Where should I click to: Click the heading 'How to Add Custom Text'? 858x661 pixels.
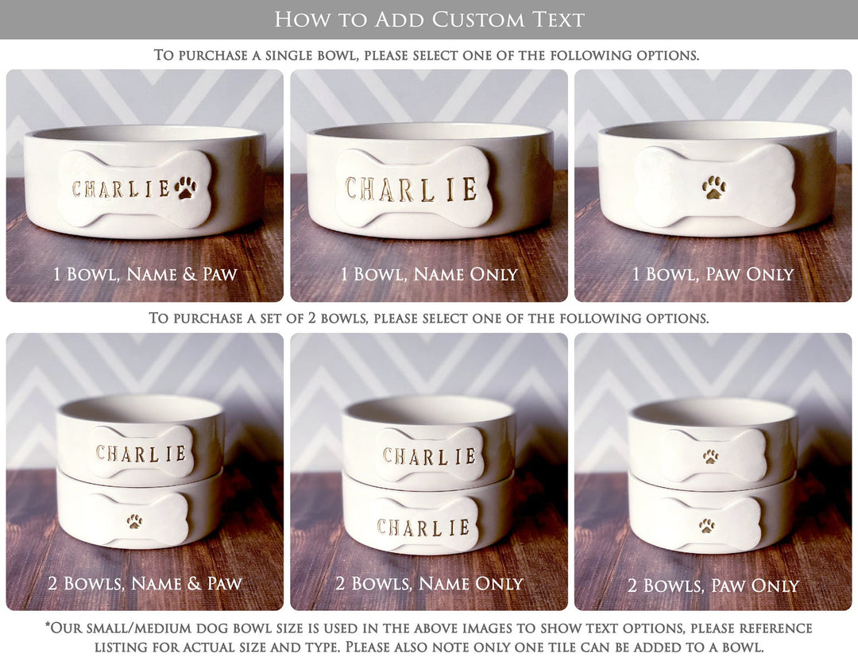pos(429,19)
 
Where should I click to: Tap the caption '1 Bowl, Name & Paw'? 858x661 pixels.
pos(145,275)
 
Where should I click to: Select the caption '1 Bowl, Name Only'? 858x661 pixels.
pos(429,275)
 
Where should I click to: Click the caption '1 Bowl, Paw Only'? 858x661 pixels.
pos(713,275)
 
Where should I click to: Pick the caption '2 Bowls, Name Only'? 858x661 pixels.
pos(429,584)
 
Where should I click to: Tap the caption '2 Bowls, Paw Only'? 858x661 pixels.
pos(713,586)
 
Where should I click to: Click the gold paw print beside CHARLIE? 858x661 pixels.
pos(187,187)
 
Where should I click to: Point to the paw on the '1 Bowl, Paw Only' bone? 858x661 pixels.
pos(713,187)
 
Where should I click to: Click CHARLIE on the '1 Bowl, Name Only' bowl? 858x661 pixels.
pos(411,190)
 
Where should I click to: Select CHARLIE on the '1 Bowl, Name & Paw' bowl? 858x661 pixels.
pos(121,189)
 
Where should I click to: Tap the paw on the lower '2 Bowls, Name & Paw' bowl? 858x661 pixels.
pos(135,521)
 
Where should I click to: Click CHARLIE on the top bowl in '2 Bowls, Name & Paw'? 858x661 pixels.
pos(141,454)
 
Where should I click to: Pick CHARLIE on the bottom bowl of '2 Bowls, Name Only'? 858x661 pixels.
pos(423,527)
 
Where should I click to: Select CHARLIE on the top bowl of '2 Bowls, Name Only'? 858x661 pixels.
pos(429,456)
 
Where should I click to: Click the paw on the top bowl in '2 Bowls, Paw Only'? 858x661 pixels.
pos(710,457)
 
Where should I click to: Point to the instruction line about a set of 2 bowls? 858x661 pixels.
pos(429,318)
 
